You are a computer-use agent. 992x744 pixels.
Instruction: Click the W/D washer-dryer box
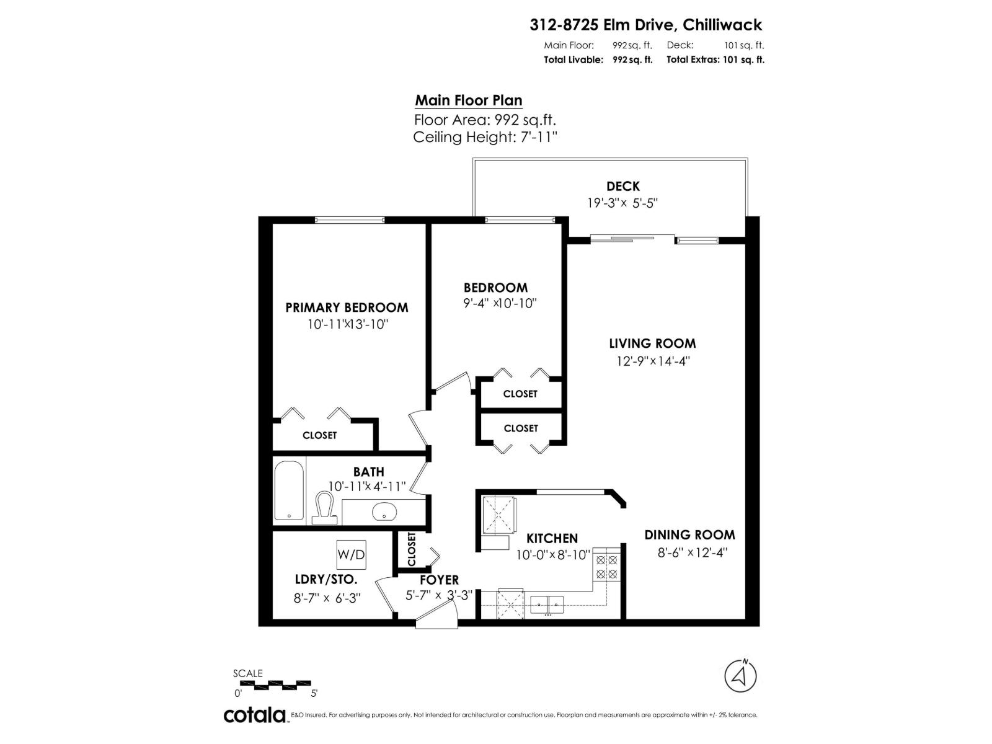click(x=351, y=554)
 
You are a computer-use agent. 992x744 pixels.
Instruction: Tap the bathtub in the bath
click(x=289, y=490)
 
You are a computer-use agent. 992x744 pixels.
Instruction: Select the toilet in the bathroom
click(x=324, y=507)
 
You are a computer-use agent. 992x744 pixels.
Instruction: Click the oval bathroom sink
click(x=384, y=511)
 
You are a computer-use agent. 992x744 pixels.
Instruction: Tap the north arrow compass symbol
click(x=740, y=675)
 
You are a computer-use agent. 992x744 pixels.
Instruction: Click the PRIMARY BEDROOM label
click(x=347, y=308)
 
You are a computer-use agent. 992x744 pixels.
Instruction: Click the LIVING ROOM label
click(x=652, y=343)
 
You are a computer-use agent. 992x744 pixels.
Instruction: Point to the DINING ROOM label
click(x=689, y=535)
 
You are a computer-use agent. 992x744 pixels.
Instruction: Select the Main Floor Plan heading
click(x=468, y=100)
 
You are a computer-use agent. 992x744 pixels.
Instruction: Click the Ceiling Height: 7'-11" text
click(x=485, y=137)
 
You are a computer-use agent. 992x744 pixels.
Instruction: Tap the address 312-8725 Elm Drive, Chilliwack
click(x=645, y=25)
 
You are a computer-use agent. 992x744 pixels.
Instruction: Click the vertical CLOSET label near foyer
click(x=411, y=549)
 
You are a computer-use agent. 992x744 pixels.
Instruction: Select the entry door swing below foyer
click(x=436, y=617)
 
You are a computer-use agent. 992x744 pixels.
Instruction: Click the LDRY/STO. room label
click(x=325, y=580)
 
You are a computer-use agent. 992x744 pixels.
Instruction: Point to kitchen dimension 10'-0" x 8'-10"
click(x=552, y=555)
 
